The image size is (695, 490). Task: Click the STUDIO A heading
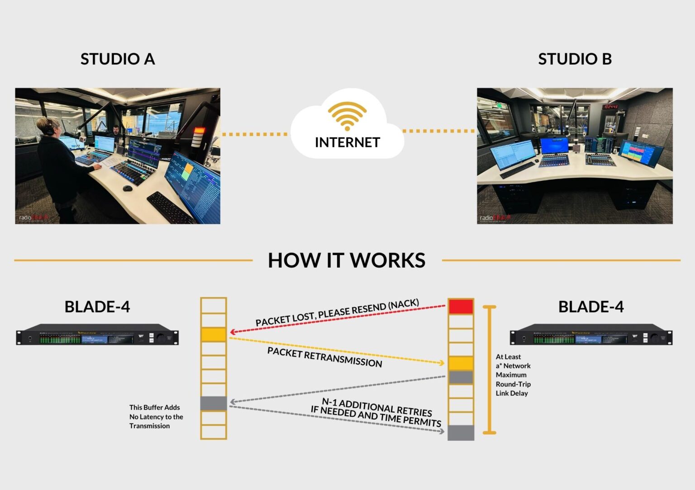118,59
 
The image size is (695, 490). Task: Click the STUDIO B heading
575,59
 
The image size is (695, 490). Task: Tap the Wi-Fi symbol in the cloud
347,116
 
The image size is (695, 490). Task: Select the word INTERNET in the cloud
347,142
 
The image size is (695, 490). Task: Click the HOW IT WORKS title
347,260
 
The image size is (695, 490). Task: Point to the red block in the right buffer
461,306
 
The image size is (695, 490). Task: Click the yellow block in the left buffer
214,335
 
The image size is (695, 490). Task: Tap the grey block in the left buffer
214,403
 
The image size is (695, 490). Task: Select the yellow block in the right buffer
461,363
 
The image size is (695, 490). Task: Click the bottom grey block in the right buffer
461,433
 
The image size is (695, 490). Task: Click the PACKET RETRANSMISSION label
324,357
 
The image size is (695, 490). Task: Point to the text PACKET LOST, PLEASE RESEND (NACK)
337,312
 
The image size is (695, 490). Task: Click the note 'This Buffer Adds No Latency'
156,416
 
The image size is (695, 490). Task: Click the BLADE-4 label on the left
97,306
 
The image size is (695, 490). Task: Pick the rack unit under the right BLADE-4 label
591,335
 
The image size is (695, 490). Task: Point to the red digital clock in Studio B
610,107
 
